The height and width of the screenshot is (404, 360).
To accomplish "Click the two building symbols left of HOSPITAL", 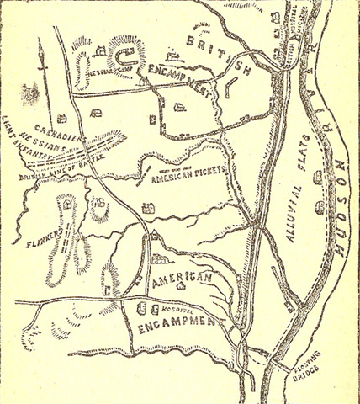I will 145,306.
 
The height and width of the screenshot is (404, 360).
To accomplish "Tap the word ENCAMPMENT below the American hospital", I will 177,322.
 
